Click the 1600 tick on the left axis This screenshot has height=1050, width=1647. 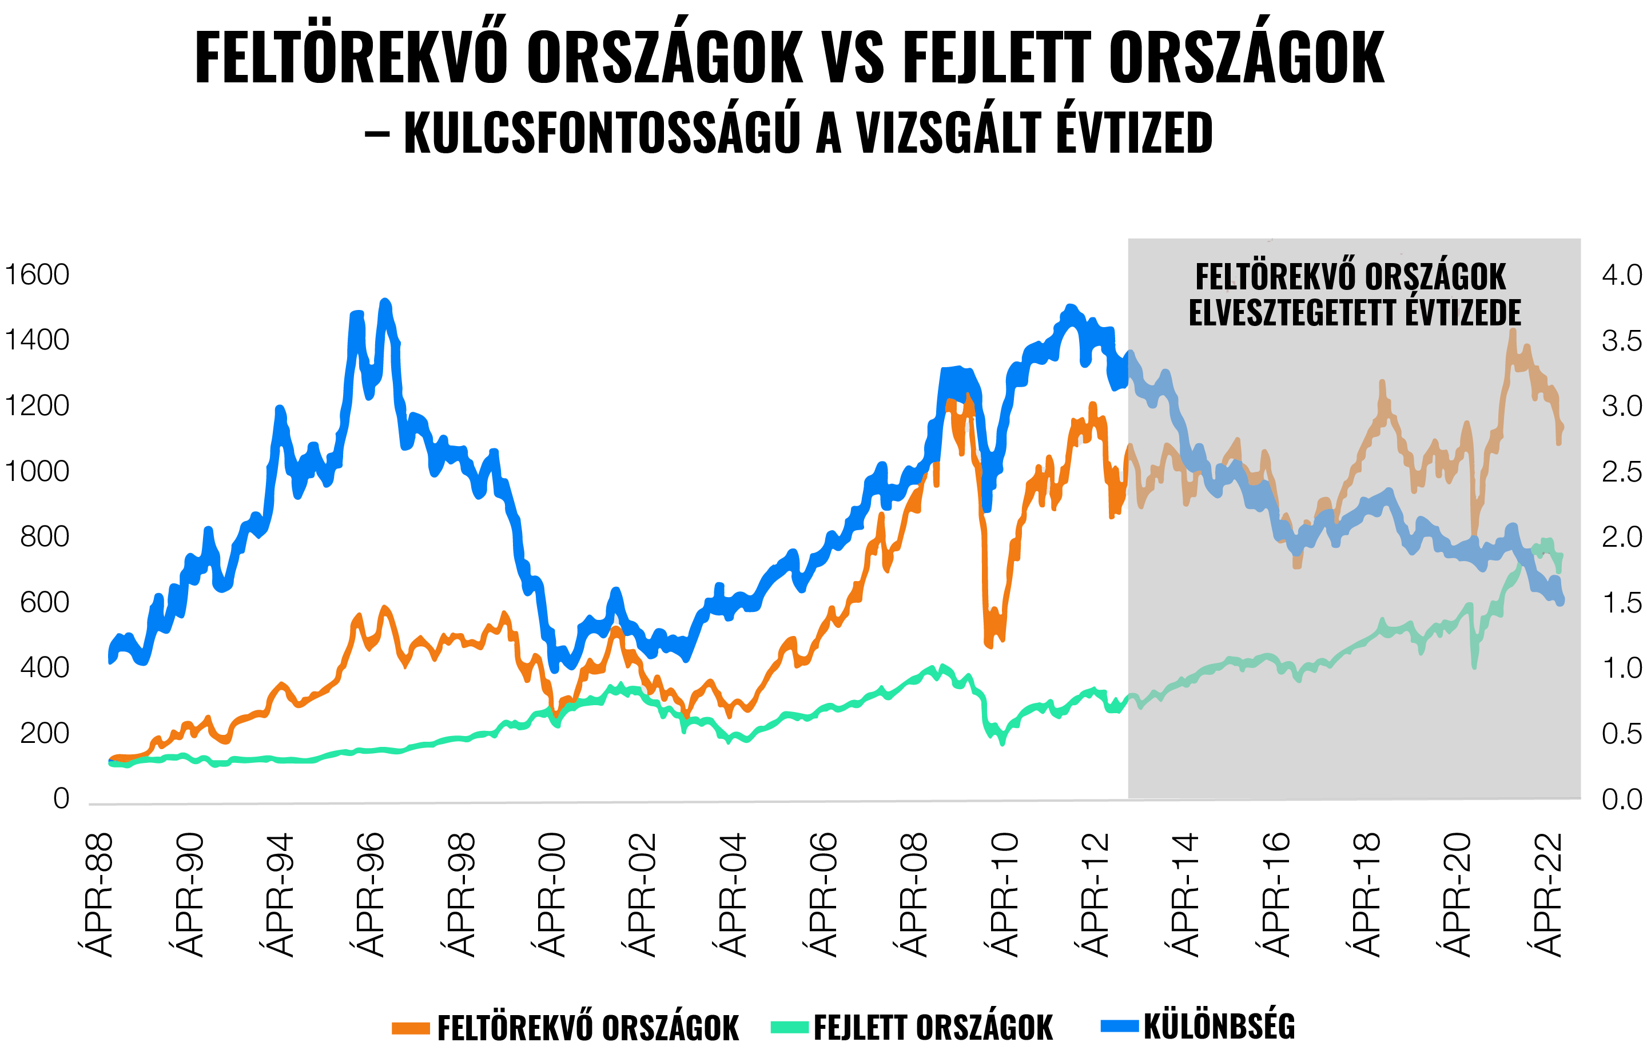[38, 275]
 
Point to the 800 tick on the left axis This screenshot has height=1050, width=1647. [45, 537]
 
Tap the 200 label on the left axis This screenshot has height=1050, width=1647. [45, 733]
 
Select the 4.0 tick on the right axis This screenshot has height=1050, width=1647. [1621, 275]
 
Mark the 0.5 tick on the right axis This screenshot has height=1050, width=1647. [1621, 734]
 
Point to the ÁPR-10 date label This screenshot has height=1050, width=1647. [1002, 894]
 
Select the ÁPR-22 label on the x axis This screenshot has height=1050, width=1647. [1546, 894]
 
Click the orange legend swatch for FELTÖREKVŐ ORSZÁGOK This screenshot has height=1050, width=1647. [411, 1028]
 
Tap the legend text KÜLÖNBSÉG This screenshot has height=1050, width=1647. [1219, 1026]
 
